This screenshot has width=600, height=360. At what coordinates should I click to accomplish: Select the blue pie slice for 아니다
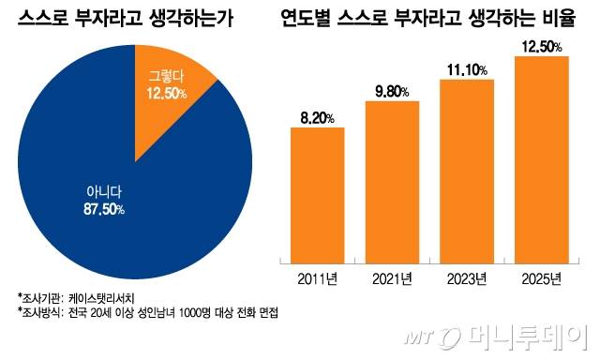pos(112,187)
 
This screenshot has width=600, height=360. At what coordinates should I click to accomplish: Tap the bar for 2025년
pos(542,159)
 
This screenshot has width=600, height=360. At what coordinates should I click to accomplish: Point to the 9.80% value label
pos(392,90)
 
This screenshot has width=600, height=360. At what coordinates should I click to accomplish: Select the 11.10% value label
pos(467,68)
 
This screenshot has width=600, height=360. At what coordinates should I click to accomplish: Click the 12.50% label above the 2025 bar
pos(542,45)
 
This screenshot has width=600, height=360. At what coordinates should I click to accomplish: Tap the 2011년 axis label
pos(317,279)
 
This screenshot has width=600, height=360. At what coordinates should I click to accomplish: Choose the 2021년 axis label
pos(392,279)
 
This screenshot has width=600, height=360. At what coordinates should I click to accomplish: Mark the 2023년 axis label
pos(467,279)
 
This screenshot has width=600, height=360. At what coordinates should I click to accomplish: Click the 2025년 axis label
pos(542,279)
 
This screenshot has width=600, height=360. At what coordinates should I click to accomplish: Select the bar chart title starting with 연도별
pos(434,17)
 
